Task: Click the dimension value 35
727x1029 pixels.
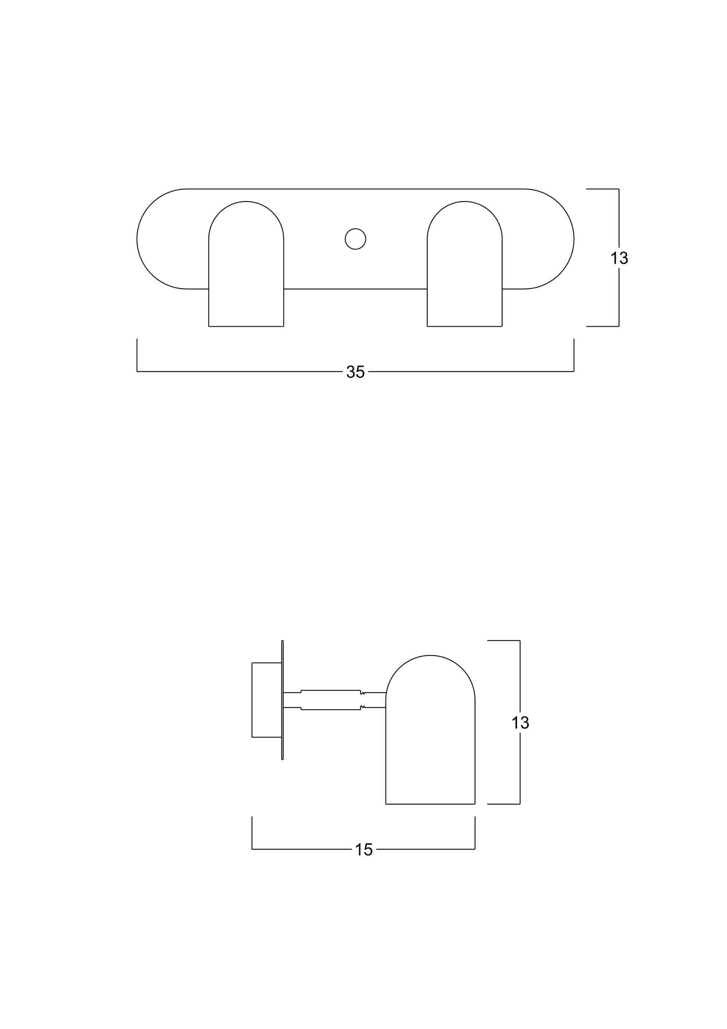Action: tap(355, 372)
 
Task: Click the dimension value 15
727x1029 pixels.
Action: tap(364, 850)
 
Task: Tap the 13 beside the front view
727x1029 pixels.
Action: tap(619, 258)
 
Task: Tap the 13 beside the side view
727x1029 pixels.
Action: tap(520, 723)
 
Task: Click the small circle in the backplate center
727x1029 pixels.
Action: tap(355, 239)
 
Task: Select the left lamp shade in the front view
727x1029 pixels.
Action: tap(246, 264)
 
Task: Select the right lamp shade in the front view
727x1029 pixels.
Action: tap(464, 264)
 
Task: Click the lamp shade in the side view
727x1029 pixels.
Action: tap(430, 730)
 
